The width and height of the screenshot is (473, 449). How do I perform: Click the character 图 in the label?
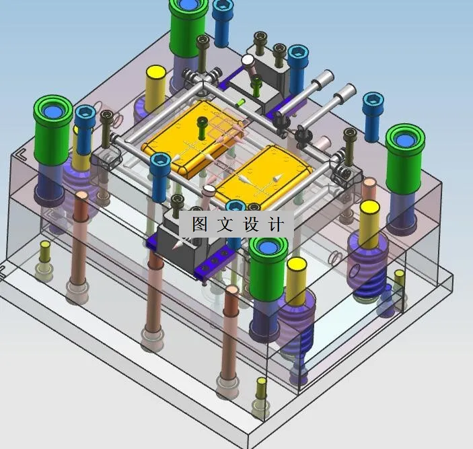200,224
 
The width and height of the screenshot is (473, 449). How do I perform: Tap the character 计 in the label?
276,224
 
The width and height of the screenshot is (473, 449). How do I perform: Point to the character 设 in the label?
251,224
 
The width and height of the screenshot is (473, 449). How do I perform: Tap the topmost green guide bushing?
188,27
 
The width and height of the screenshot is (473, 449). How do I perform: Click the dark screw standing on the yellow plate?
201,129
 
